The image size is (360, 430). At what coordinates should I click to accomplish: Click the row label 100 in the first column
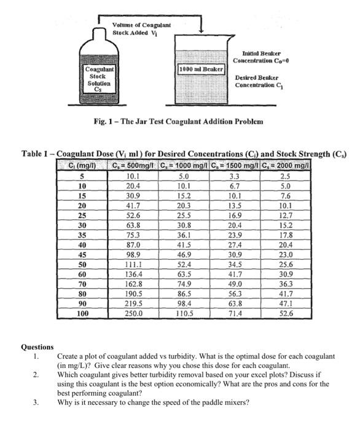[x=81, y=313]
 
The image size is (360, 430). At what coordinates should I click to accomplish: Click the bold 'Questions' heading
[x=37, y=347]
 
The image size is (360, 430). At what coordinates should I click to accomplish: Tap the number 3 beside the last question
[x=36, y=403]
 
